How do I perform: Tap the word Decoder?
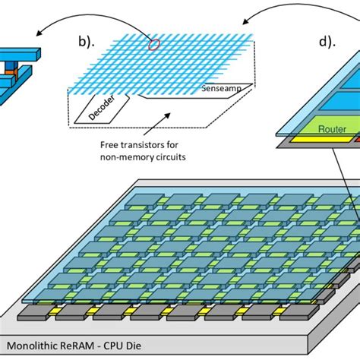[x=102, y=108]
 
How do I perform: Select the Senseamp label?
[x=221, y=88]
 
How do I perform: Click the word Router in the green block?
[x=332, y=129]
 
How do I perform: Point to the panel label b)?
[x=87, y=42]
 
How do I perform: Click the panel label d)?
[x=327, y=42]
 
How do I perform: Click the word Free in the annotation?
[x=109, y=145]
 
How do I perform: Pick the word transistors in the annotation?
[x=142, y=145]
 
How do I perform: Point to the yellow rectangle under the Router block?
[x=321, y=139]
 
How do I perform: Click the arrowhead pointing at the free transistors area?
[x=168, y=115]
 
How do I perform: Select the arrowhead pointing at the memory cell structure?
[x=39, y=33]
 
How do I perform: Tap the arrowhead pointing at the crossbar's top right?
[x=245, y=22]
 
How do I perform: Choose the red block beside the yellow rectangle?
[x=357, y=139]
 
